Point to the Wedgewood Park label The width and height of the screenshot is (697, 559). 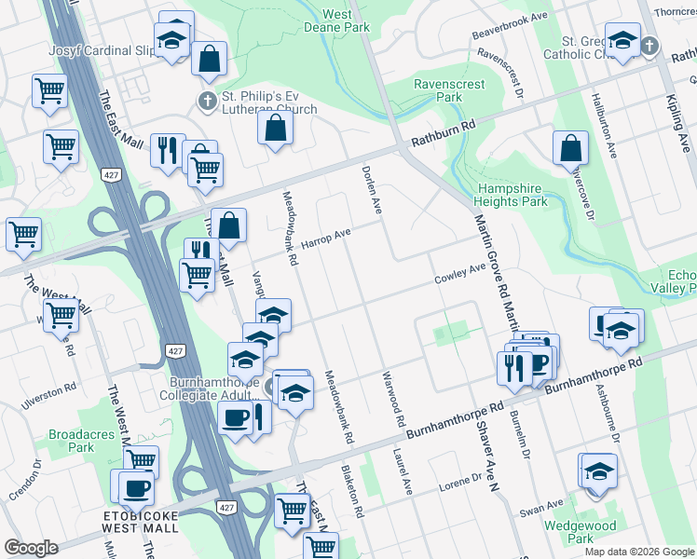click(580, 532)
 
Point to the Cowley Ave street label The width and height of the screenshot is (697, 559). click(460, 274)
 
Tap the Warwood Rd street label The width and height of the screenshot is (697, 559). click(392, 399)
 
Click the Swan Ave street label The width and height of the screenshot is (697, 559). click(542, 507)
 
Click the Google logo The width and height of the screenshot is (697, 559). click(31, 548)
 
